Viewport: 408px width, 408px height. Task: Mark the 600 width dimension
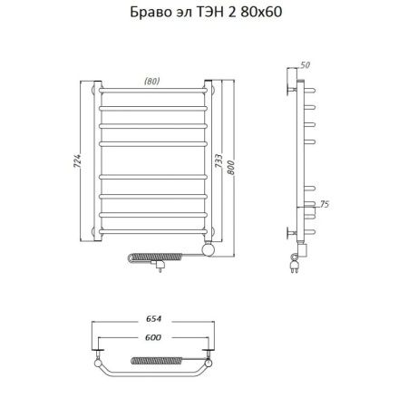(x=155, y=338)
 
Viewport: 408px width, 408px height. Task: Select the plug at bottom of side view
(x=296, y=266)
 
